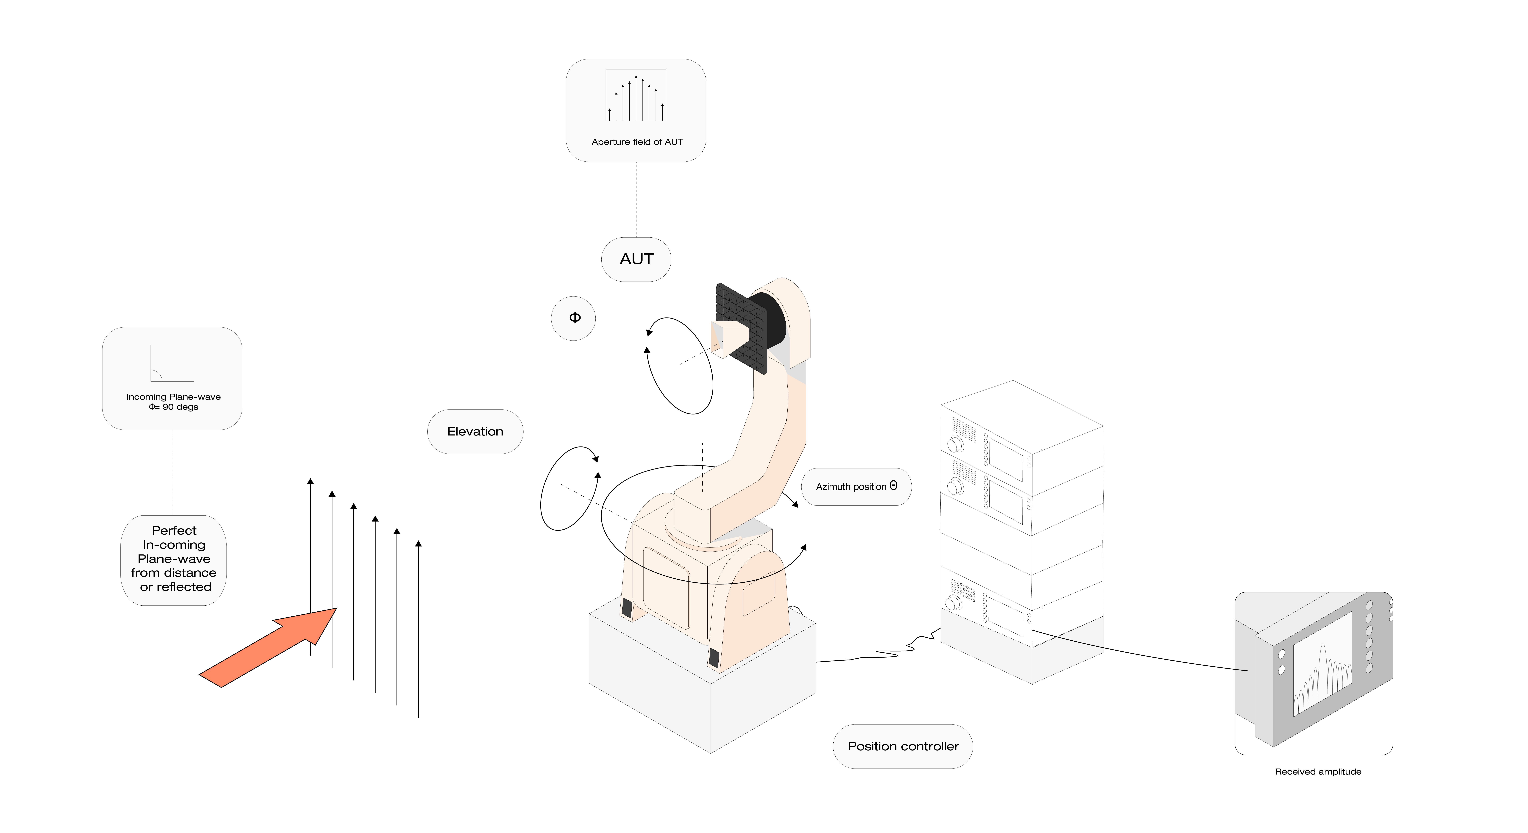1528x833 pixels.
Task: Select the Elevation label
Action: coord(475,432)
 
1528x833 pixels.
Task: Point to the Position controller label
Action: coord(903,746)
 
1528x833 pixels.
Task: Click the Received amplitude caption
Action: coord(1318,771)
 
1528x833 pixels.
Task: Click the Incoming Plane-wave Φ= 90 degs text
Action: coord(173,401)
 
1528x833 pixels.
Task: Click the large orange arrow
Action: coord(268,647)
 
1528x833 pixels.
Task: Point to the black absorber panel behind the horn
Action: coord(741,328)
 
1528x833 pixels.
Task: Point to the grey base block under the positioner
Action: coord(702,676)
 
